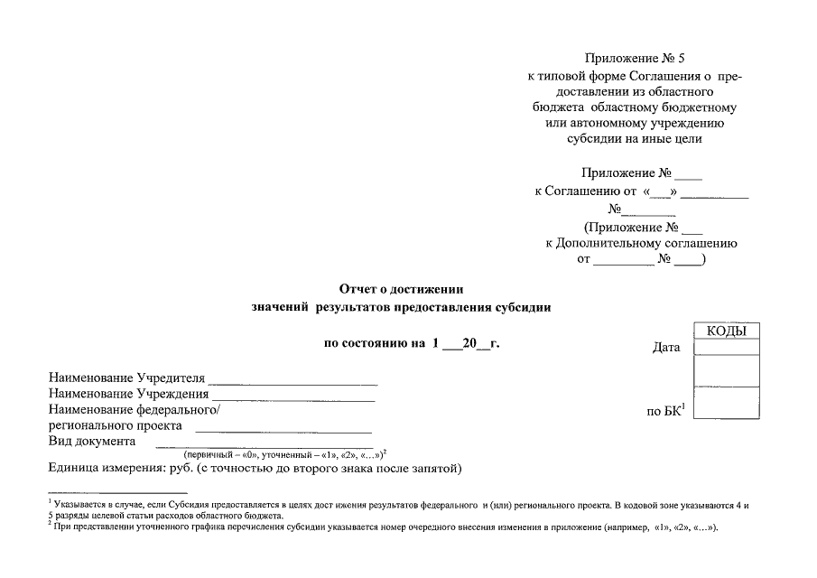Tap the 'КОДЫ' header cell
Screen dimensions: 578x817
726,331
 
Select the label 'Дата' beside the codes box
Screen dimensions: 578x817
665,348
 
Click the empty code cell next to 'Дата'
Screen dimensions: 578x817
726,348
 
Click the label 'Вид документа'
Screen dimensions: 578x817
91,442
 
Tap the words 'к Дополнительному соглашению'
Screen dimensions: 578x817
641,243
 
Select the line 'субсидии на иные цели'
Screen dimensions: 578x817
634,139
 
